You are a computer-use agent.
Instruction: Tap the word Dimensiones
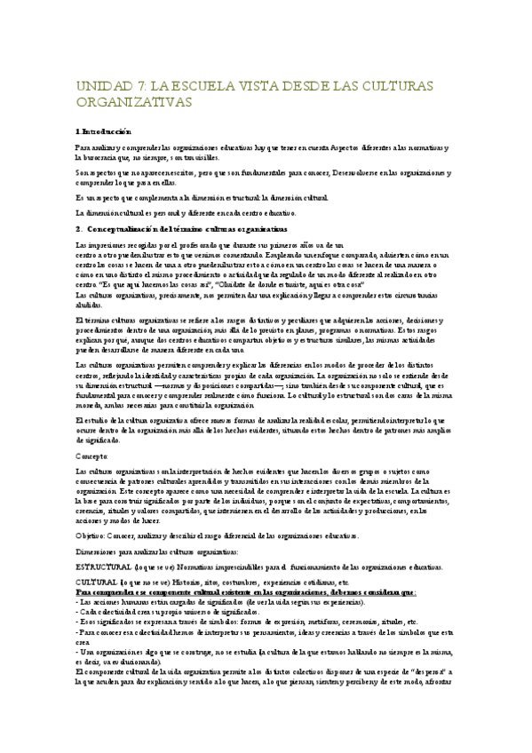[98, 551]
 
